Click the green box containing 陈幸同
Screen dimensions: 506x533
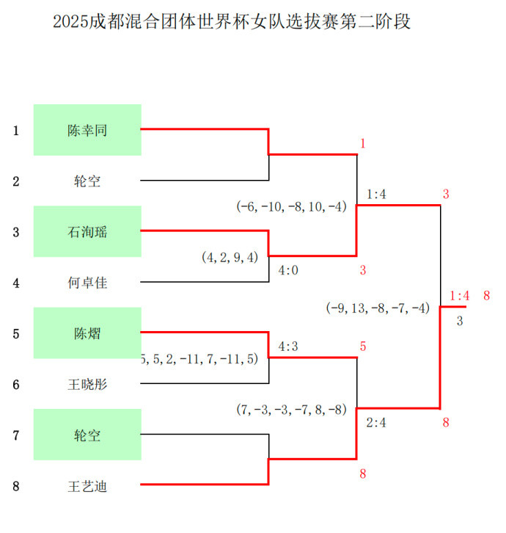click(87, 130)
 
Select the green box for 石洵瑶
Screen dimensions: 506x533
click(87, 231)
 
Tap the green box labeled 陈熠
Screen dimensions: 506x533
click(87, 333)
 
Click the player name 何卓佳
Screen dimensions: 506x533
click(87, 283)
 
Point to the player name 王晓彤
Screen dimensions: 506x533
click(87, 385)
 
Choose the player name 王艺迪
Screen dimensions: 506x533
click(87, 487)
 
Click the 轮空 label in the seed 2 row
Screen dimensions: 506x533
click(87, 181)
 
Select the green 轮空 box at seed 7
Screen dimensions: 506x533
click(87, 435)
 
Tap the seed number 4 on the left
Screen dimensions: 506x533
click(16, 283)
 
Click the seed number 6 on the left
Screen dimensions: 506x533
click(16, 385)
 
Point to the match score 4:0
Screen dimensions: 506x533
click(288, 271)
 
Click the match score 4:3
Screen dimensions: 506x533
click(288, 347)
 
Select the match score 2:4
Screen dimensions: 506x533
click(376, 423)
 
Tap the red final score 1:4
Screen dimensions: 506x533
click(459, 296)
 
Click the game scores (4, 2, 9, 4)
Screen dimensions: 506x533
click(230, 257)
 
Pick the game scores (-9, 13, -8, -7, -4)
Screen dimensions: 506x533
click(378, 308)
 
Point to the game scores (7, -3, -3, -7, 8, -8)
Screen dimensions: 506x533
click(291, 410)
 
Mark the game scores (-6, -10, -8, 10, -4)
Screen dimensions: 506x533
click(291, 206)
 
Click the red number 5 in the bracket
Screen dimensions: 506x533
click(363, 347)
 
